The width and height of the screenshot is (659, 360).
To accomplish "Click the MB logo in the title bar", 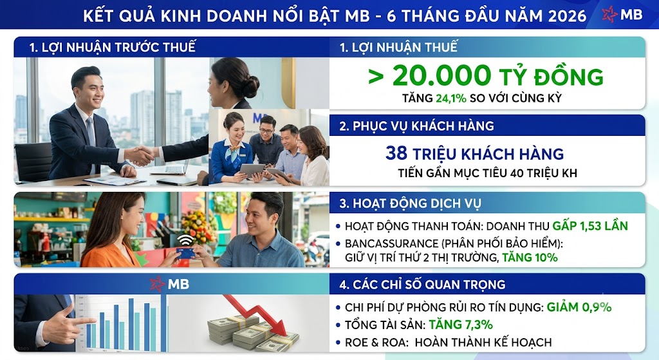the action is [622, 15].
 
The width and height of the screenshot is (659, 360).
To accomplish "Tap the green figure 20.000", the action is [441, 76].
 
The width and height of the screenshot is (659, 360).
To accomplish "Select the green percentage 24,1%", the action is [451, 99].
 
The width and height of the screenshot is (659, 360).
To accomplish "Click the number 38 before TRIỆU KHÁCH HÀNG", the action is [396, 153].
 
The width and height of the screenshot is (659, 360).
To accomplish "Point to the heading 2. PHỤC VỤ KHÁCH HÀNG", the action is [416, 126].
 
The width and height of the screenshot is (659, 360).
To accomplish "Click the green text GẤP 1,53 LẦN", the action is [590, 226].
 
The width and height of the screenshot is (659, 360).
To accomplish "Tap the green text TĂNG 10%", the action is [530, 258].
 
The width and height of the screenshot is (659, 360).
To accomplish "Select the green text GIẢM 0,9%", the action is [579, 307].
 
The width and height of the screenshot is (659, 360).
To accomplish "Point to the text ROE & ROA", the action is [376, 343].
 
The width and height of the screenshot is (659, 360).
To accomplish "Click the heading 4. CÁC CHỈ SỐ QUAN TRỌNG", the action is [422, 285].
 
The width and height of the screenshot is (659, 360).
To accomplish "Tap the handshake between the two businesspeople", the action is [140, 155].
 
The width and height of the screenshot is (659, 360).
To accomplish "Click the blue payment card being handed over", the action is [185, 252].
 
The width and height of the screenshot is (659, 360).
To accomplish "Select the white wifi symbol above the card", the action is [185, 240].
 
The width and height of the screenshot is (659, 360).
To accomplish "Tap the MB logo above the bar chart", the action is [170, 284].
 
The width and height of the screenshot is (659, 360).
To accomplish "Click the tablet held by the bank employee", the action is [252, 170].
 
